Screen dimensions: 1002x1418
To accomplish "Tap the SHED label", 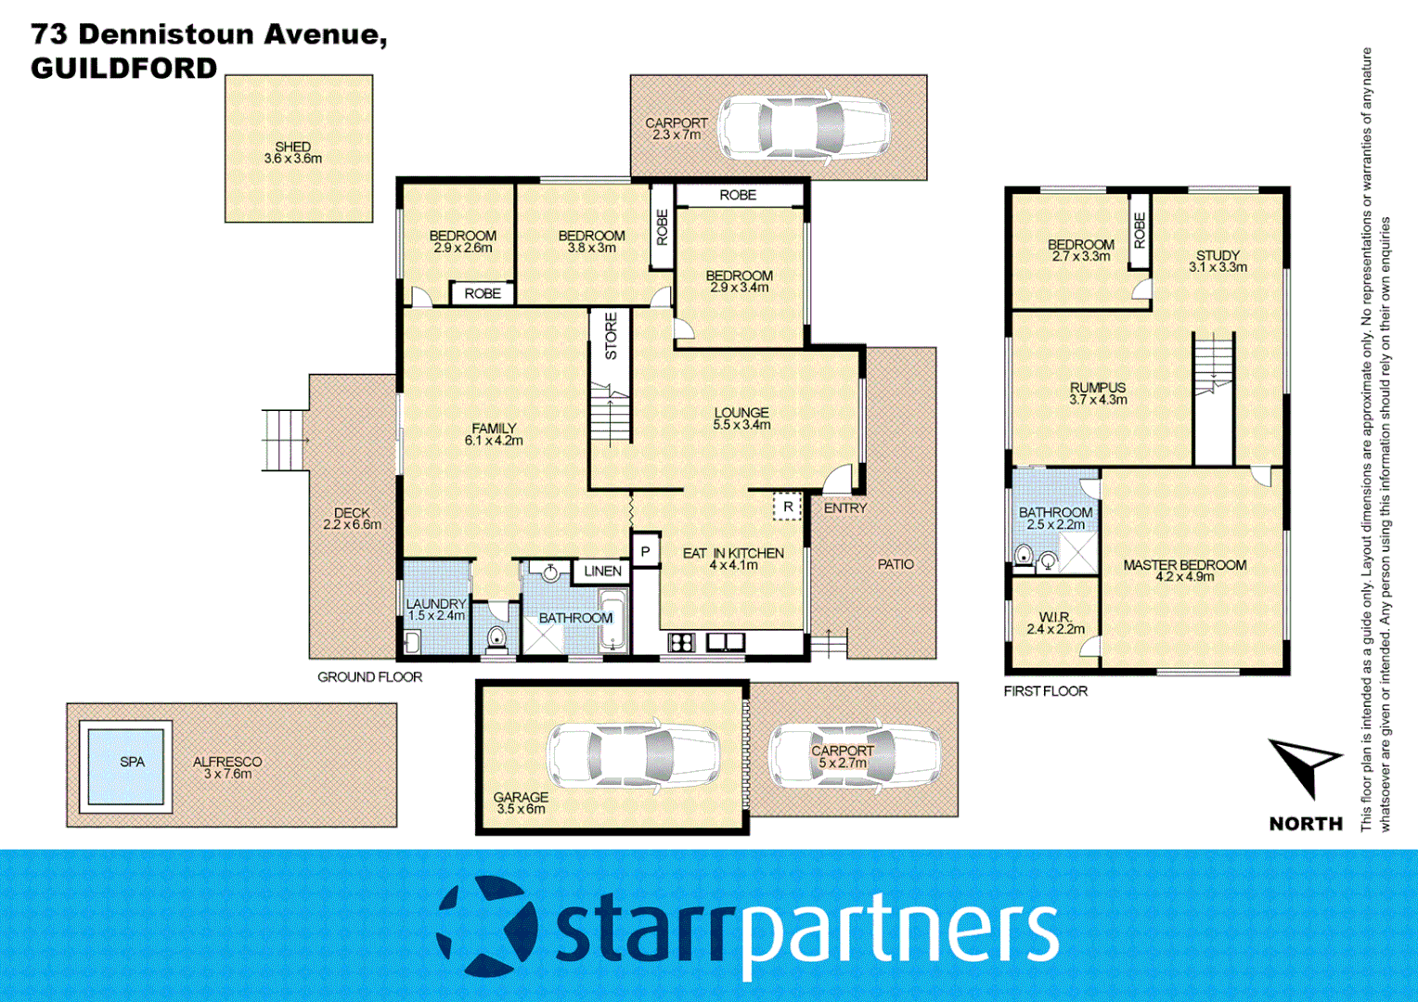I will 293,147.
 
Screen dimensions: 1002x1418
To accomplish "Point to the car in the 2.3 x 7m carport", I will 805,126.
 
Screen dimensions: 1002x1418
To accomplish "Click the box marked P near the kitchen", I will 646,551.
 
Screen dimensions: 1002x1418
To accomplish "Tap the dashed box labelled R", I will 788,507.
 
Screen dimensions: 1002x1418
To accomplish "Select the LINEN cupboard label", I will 602,571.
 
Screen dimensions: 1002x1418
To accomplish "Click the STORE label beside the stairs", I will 611,336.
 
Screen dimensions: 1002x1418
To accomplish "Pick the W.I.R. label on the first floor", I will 1055,617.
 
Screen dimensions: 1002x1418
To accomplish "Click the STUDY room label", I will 1218,255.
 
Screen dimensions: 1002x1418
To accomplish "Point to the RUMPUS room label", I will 1098,388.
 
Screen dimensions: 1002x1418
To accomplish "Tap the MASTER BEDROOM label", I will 1184,565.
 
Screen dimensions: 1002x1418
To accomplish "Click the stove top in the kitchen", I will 681,642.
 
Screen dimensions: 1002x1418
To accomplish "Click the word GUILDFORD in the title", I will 124,68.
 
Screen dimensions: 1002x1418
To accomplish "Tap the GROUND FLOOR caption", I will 369,677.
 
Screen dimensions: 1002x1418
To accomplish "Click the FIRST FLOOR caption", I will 1045,691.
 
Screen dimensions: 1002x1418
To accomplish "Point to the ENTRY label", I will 844,508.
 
